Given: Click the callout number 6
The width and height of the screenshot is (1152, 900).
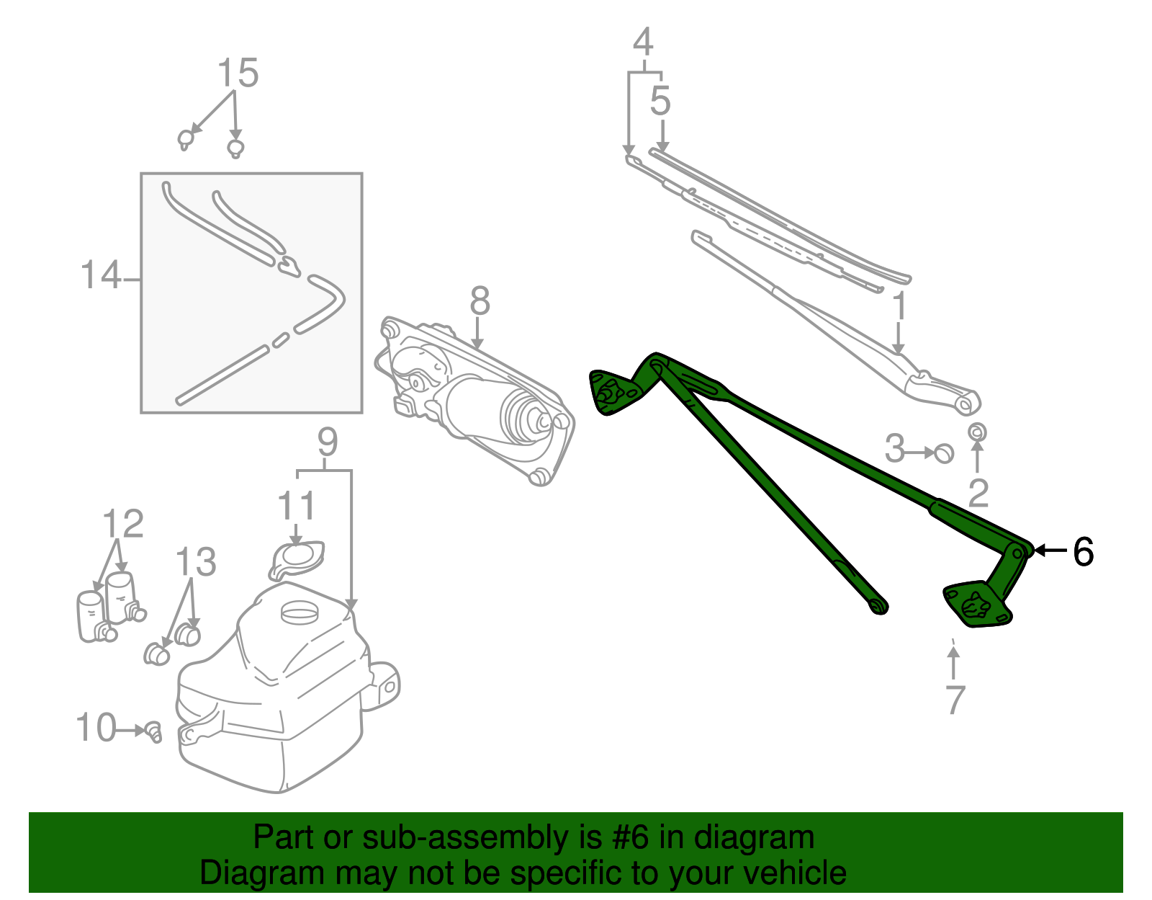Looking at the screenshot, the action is [1083, 551].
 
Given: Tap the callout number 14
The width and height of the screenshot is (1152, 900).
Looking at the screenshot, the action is [101, 275].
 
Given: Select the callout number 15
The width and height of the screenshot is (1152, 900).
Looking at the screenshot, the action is [238, 73].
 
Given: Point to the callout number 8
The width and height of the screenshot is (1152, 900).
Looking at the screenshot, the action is [480, 300].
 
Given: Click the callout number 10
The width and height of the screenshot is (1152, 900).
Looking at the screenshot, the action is [96, 727].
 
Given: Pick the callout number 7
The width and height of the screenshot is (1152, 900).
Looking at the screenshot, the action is [955, 700].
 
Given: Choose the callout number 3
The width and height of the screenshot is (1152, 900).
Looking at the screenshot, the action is [895, 448].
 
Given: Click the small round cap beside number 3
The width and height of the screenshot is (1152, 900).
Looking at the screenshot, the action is [944, 453].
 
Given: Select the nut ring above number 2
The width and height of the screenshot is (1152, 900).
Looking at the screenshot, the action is [977, 432].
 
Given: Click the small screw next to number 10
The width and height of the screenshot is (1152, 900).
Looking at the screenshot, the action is [154, 732].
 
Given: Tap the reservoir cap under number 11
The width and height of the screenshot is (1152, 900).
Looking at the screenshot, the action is [297, 560].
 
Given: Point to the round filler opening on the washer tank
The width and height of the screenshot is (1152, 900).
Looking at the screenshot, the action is [300, 612].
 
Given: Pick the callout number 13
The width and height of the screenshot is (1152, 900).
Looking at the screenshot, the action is [196, 561].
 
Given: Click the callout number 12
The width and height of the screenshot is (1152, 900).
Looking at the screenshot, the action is [123, 523].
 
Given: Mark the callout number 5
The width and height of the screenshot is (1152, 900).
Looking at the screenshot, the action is [660, 101].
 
